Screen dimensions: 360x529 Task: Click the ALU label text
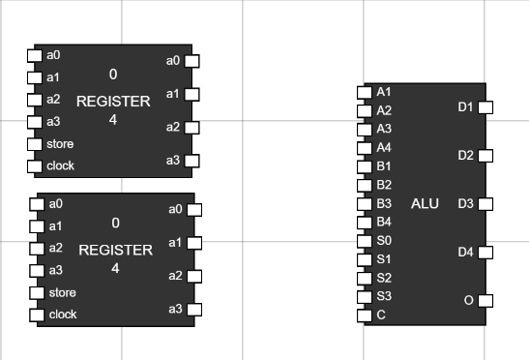pyautogui.click(x=425, y=203)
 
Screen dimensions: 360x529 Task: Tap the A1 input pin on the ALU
pyautogui.click(x=365, y=92)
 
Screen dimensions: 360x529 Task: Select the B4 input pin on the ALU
pyautogui.click(x=365, y=223)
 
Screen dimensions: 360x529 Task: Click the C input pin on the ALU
pyautogui.click(x=365, y=315)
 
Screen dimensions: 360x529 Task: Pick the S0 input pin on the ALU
pyautogui.click(x=365, y=241)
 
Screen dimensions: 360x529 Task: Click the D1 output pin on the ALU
pyautogui.click(x=485, y=107)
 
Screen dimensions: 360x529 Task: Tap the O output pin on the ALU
pyautogui.click(x=485, y=301)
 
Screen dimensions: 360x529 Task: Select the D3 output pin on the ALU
pyautogui.click(x=485, y=204)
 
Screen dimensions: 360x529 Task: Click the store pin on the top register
pyautogui.click(x=35, y=144)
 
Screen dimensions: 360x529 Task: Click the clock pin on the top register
pyautogui.click(x=35, y=165)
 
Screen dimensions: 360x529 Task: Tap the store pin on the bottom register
pyautogui.click(x=37, y=293)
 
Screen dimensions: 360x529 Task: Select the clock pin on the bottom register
pyautogui.click(x=37, y=315)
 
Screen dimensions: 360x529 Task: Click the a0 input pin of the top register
pyautogui.click(x=35, y=55)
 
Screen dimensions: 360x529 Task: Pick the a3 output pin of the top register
pyautogui.click(x=191, y=161)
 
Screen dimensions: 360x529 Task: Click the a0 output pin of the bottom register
pyautogui.click(x=194, y=210)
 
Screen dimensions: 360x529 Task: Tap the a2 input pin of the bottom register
pyautogui.click(x=37, y=249)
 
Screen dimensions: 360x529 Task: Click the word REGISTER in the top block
pyautogui.click(x=113, y=101)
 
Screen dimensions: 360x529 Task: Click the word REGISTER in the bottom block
pyautogui.click(x=115, y=250)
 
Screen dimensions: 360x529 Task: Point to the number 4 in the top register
pyautogui.click(x=113, y=120)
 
